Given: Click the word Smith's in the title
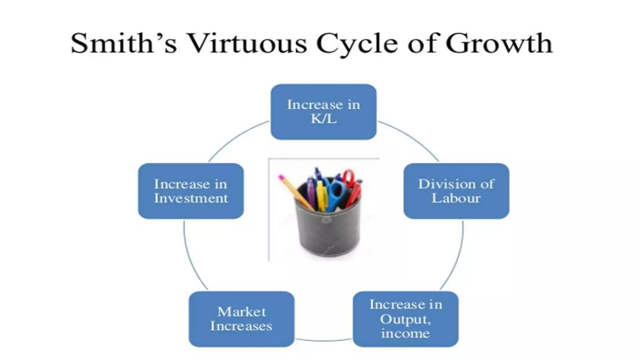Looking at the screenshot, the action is (x=124, y=43).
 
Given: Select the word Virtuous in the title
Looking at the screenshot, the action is (x=247, y=43).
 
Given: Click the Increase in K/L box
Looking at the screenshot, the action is (x=323, y=112).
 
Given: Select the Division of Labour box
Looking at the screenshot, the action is (x=456, y=191).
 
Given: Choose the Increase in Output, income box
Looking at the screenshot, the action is (x=406, y=319).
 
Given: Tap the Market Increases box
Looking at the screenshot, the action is (x=241, y=319).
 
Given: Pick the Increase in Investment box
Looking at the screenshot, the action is (x=191, y=191).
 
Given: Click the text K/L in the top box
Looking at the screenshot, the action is (x=324, y=119).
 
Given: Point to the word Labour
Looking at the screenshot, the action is (x=456, y=198).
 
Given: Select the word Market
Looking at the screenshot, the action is (x=242, y=312).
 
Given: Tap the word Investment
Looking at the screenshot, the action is (x=191, y=198).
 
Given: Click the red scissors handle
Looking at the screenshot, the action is (x=349, y=177).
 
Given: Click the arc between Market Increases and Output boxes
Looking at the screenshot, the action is (x=324, y=340).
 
